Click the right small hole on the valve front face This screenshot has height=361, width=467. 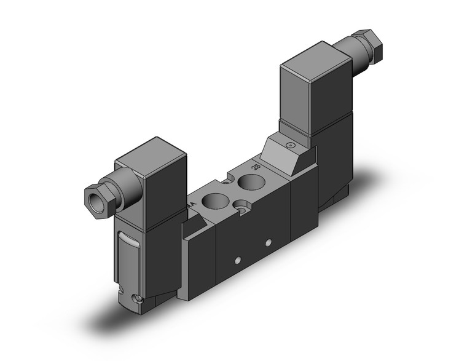(x=268, y=244)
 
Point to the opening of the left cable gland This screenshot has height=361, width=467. (x=89, y=196)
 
